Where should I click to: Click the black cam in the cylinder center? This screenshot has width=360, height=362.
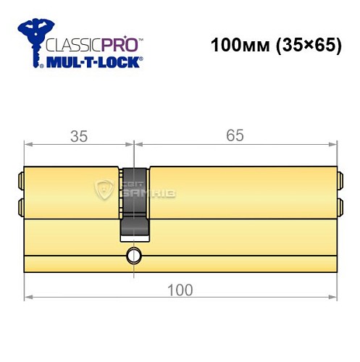pyautogui.click(x=133, y=203)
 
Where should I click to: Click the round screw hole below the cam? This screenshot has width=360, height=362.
pyautogui.click(x=133, y=255)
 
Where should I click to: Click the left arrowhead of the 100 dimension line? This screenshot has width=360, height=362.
pyautogui.click(x=28, y=297)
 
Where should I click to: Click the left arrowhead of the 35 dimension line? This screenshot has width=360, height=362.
pyautogui.click(x=28, y=144)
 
